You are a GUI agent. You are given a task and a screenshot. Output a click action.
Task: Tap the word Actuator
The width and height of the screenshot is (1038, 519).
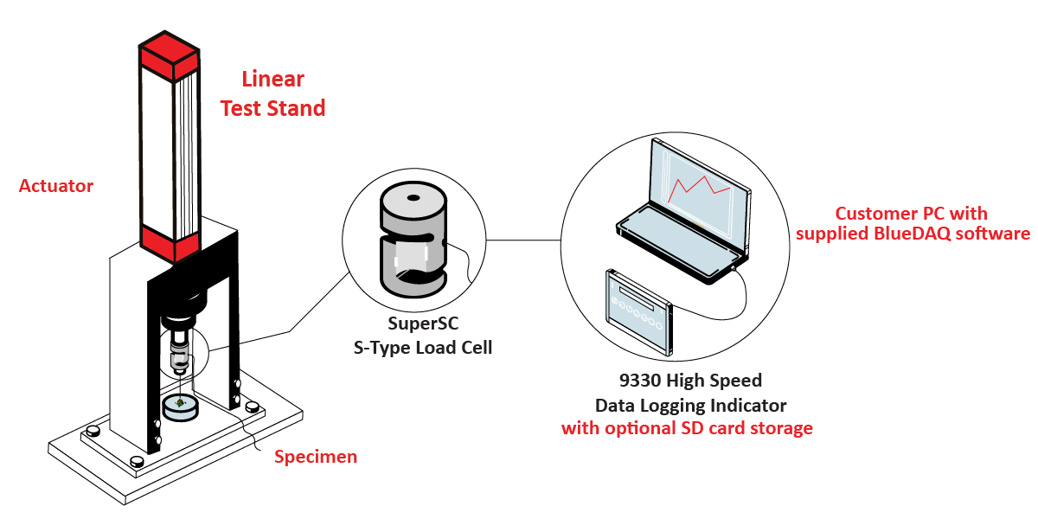56,186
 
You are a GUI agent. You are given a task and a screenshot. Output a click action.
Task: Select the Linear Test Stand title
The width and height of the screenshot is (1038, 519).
272,93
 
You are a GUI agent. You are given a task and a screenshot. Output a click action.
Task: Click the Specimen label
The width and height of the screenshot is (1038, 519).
315,457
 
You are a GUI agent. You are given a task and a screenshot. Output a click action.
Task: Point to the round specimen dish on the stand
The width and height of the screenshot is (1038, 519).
180,407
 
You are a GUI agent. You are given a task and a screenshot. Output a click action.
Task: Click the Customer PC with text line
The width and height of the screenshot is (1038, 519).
911,213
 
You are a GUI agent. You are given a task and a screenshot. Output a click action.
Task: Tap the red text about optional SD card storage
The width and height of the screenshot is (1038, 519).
687,428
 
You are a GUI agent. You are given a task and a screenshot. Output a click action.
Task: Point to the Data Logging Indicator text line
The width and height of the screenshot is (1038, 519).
690,405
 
